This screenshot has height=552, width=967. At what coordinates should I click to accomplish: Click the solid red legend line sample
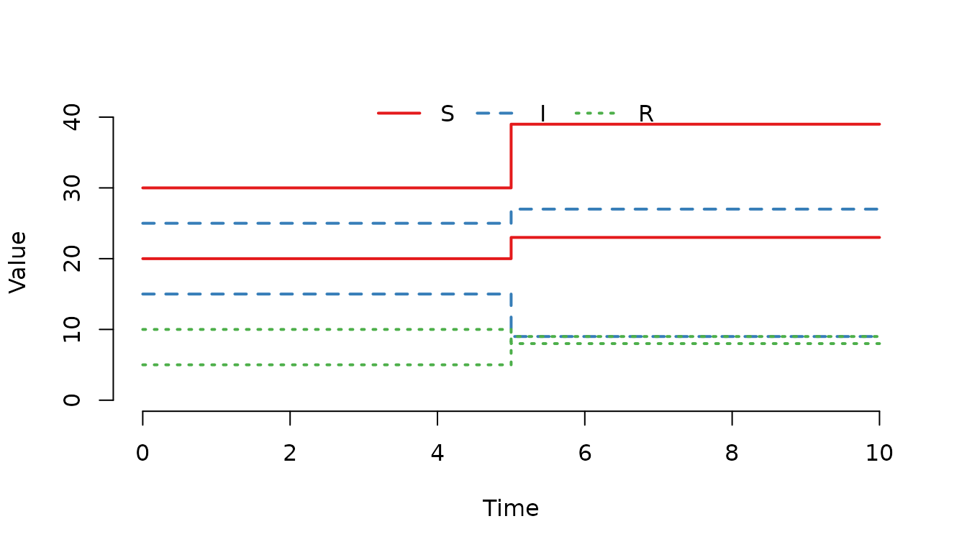pyautogui.click(x=399, y=113)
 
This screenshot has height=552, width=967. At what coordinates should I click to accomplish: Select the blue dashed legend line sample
pyautogui.click(x=494, y=113)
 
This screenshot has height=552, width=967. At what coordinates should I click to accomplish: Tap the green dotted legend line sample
pyautogui.click(x=594, y=113)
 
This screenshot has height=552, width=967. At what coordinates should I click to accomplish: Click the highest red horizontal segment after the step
pyautogui.click(x=695, y=124)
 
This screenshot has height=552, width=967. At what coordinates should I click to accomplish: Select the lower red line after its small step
pyautogui.click(x=695, y=237)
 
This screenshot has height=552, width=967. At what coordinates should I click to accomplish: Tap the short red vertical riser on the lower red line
pyautogui.click(x=511, y=248)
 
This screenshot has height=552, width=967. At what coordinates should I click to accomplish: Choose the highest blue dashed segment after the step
pyautogui.click(x=695, y=209)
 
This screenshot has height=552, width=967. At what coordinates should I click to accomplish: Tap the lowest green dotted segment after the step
pyautogui.click(x=695, y=344)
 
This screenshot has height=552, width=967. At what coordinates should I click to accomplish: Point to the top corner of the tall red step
pyautogui.click(x=511, y=124)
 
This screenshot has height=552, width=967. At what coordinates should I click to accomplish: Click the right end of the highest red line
pyautogui.click(x=879, y=124)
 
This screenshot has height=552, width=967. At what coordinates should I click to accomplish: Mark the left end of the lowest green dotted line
pyautogui.click(x=143, y=364)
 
